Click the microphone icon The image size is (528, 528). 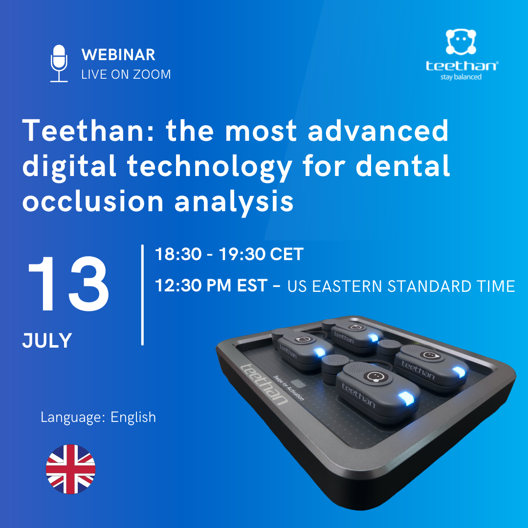(59, 63)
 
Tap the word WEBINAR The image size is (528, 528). (118, 55)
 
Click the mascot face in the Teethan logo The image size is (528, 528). (461, 42)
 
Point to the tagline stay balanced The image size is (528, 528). (461, 77)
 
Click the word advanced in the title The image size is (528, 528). (378, 131)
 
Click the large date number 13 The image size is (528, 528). (69, 284)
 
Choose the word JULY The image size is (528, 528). (47, 340)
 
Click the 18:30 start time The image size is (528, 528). (178, 254)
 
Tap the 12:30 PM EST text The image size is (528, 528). (211, 286)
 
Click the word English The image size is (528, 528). (133, 418)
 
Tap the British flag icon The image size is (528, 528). (71, 469)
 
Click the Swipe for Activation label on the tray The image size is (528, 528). (288, 388)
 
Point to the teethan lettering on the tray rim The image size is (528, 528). (264, 384)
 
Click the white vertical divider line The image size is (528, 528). (142, 295)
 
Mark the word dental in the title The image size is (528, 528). (403, 165)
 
